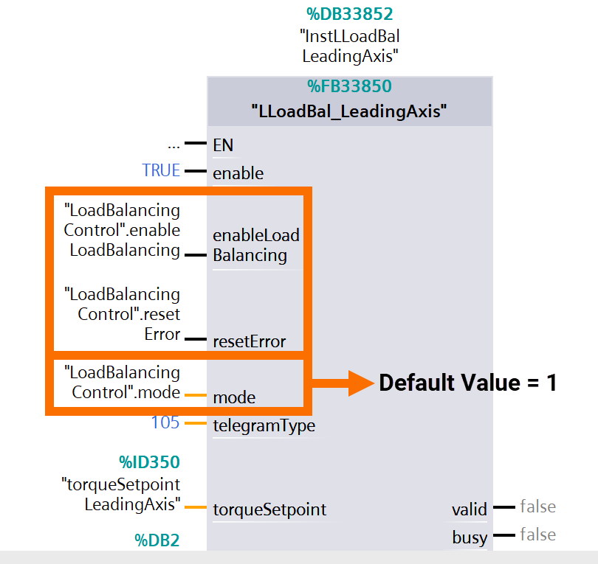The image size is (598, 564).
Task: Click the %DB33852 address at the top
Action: [350, 13]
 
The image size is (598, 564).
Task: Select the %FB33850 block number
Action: [349, 87]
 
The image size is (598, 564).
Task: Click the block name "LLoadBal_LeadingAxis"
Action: [349, 112]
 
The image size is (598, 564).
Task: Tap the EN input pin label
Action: [223, 145]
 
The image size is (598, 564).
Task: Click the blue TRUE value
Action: [161, 170]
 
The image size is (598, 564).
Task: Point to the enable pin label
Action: [238, 173]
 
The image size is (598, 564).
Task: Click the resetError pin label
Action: [249, 341]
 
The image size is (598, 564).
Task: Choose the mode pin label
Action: [234, 397]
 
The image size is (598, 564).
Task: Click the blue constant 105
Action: [165, 422]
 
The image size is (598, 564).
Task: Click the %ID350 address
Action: [150, 462]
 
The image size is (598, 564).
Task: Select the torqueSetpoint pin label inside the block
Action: [269, 509]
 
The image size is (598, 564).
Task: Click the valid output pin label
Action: [470, 509]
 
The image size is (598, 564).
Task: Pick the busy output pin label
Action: [470, 538]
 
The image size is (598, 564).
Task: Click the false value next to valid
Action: [537, 506]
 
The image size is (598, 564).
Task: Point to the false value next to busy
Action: [537, 535]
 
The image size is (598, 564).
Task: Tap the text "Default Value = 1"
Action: [467, 383]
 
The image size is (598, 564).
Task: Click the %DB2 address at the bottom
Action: [157, 540]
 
